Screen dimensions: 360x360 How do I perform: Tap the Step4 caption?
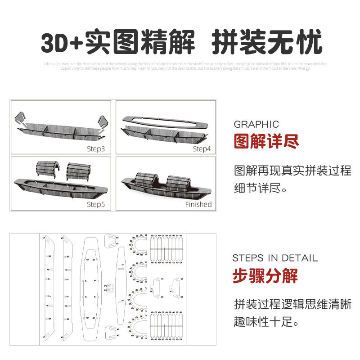pyautogui.click(x=202, y=148)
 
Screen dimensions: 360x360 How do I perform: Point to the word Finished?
pyautogui.click(x=198, y=204)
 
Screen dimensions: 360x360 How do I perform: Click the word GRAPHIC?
pyautogui.click(x=256, y=124)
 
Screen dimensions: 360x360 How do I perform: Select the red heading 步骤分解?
pyautogui.click(x=265, y=275)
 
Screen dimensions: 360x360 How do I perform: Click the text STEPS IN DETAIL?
pyautogui.click(x=275, y=258)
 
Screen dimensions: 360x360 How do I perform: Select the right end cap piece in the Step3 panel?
pyautogui.click(x=102, y=121)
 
